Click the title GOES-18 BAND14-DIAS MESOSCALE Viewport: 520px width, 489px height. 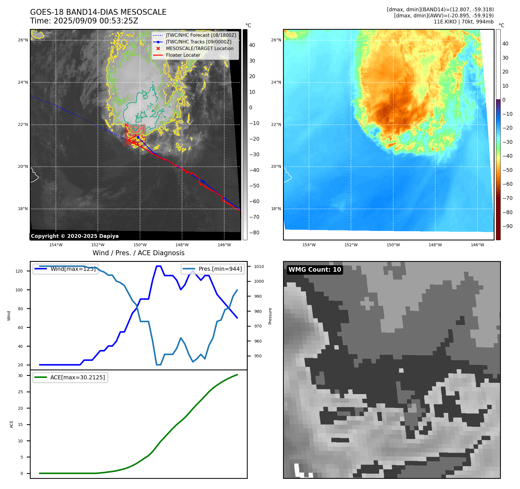tap(98, 12)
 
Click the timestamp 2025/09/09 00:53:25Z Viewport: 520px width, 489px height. tap(96, 21)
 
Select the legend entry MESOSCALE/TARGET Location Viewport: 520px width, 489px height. tap(199, 48)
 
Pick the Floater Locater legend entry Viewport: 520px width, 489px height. tap(183, 55)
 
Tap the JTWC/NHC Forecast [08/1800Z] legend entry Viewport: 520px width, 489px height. tap(201, 35)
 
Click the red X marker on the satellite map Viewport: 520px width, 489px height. tap(126, 125)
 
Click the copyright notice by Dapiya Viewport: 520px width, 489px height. tap(75, 236)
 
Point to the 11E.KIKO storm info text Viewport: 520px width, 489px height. tap(463, 22)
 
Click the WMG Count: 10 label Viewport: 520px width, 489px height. tap(315, 270)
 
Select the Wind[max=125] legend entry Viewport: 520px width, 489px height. tap(73, 269)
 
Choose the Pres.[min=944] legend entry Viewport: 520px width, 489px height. tap(220, 269)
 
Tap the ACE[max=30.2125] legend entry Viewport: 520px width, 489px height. tap(77, 377)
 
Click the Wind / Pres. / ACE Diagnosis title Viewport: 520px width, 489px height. tap(138, 253)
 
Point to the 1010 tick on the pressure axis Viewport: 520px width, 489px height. tap(259, 266)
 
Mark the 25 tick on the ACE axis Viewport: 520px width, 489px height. tap(20, 392)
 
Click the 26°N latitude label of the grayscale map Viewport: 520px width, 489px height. tap(23, 40)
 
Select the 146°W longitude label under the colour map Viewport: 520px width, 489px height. tap(477, 245)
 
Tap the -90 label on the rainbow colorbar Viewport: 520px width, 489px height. tap(507, 226)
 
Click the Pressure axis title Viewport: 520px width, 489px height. tap(270, 316)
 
